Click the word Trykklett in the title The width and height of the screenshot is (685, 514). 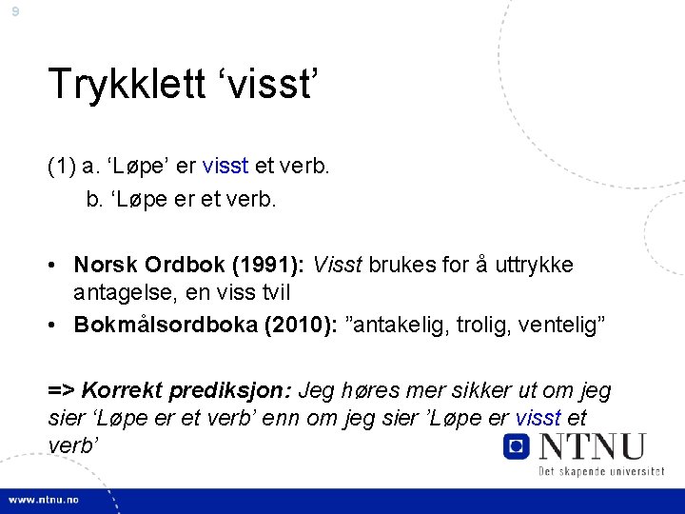tap(128, 84)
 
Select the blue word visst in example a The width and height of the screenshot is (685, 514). tap(225, 166)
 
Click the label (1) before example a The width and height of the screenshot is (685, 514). tap(63, 166)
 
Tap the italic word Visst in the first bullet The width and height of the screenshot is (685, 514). tap(338, 264)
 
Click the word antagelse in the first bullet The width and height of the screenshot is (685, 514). tap(120, 291)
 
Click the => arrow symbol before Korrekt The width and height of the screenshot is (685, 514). tap(62, 390)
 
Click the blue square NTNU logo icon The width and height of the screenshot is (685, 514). tap(517, 445)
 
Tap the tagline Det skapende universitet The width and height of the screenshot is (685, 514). tap(601, 472)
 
